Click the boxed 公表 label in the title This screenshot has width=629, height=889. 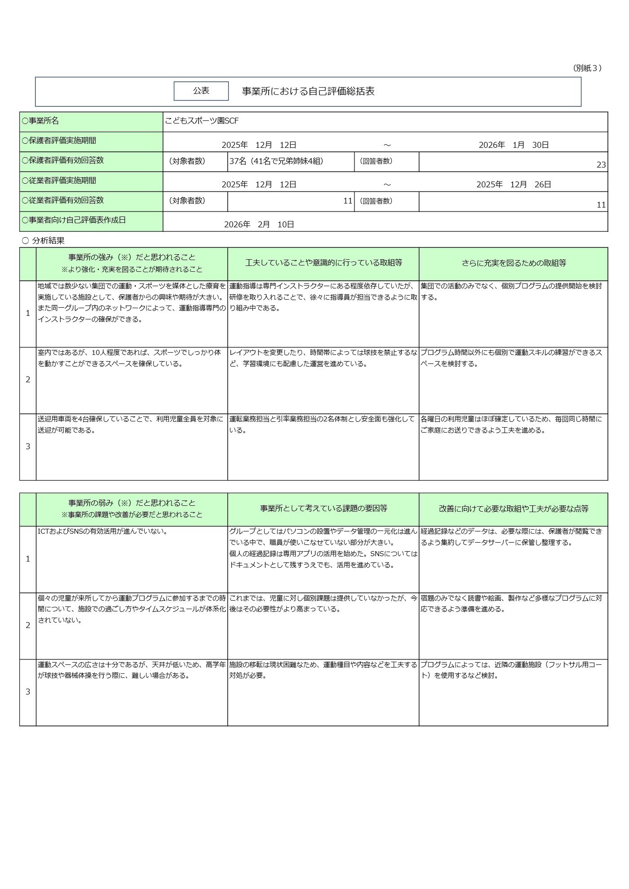(x=201, y=91)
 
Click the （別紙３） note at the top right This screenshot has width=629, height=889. (x=587, y=68)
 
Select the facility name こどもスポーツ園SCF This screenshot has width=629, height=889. (x=202, y=121)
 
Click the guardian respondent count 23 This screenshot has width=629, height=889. (x=601, y=165)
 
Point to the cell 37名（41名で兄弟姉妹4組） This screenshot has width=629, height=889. (x=276, y=161)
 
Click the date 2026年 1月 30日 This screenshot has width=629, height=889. (x=514, y=145)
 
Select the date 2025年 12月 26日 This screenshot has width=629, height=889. (x=514, y=184)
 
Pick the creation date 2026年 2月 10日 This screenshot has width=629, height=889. (x=259, y=224)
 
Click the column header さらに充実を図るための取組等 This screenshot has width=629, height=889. (x=514, y=263)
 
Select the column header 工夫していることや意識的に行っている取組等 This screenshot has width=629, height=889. (x=323, y=263)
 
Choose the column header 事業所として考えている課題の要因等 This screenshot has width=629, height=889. (x=323, y=509)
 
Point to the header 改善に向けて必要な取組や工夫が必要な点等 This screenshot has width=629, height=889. (x=514, y=509)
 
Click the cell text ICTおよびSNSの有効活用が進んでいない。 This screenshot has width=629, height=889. (x=102, y=531)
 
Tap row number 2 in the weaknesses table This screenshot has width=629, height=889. (x=28, y=625)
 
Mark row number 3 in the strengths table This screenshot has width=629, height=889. (x=28, y=447)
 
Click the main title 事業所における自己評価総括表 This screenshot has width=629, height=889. (x=308, y=91)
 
